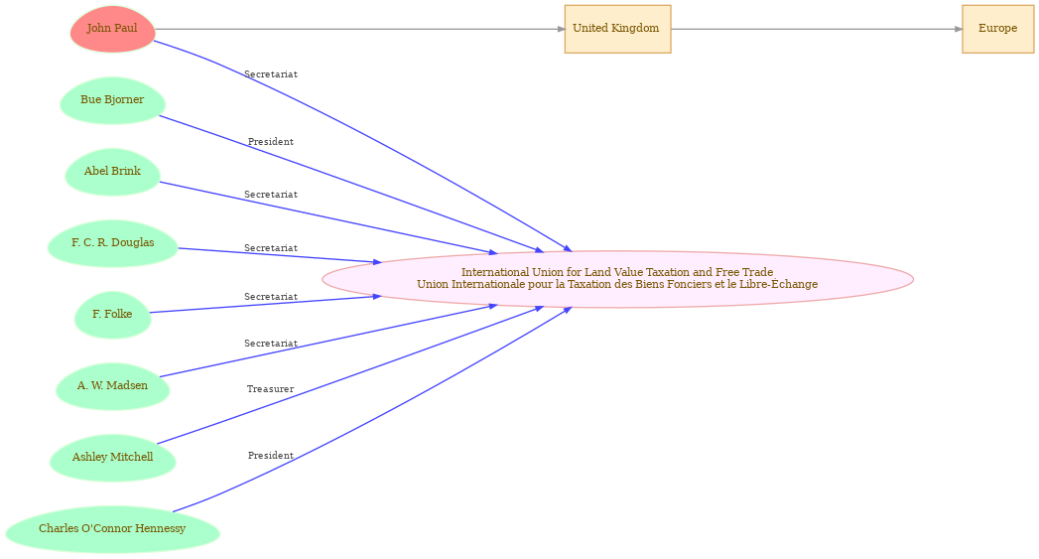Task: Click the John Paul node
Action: [x=113, y=29]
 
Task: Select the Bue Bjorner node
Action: [x=113, y=100]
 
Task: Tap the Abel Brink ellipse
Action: [x=113, y=172]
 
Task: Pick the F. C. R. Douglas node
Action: [x=113, y=243]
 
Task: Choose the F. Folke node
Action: [x=113, y=315]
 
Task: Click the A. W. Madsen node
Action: [x=113, y=386]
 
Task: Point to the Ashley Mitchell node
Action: [x=113, y=458]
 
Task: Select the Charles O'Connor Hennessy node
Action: [x=113, y=529]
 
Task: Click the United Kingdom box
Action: [x=617, y=29]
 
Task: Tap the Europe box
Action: [x=998, y=29]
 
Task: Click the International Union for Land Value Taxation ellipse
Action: [x=617, y=279]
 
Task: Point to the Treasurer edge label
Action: [x=270, y=389]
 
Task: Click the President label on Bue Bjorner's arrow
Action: [x=270, y=142]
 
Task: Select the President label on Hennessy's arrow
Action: [x=270, y=456]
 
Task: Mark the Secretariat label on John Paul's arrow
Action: [x=270, y=74]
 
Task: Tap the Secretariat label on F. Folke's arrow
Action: [x=270, y=297]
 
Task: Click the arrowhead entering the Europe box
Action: [x=959, y=29]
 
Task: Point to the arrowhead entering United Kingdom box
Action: [x=561, y=29]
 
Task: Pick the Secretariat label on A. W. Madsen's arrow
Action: [x=270, y=344]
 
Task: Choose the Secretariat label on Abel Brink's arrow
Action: [x=270, y=195]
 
